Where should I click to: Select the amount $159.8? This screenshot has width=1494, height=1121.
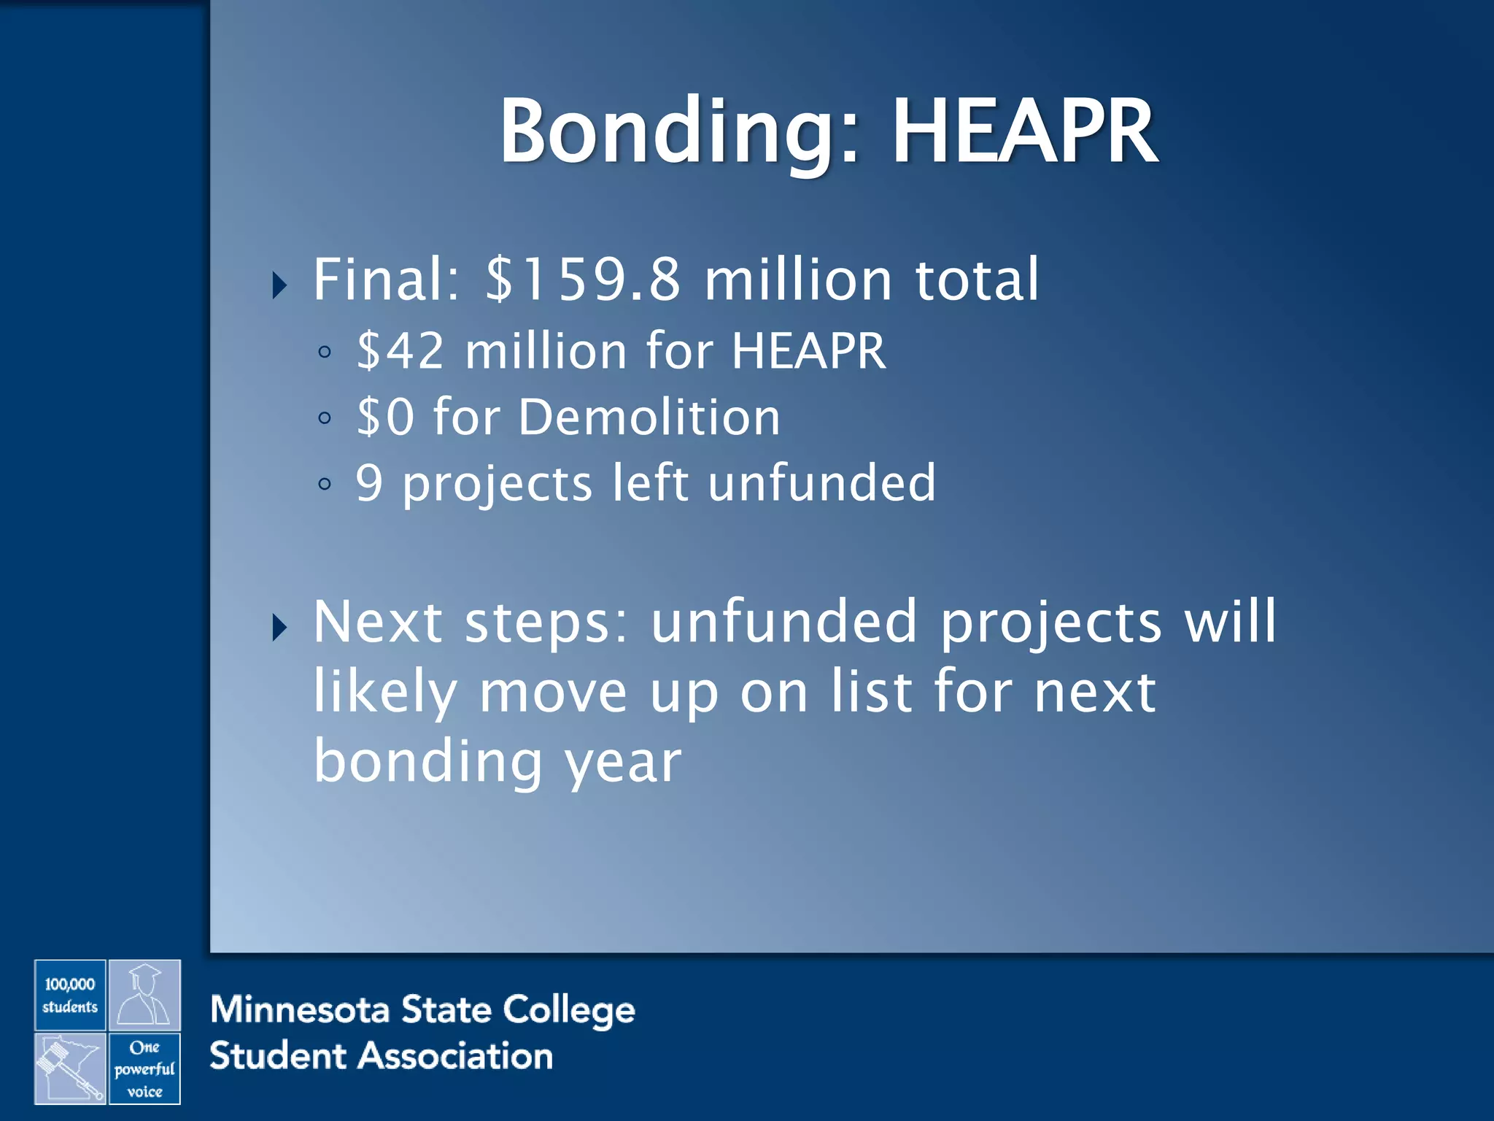pos(584,280)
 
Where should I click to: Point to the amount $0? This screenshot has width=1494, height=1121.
pos(385,417)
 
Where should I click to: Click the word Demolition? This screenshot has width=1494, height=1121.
pos(649,417)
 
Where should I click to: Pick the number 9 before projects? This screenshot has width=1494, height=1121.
pos(369,483)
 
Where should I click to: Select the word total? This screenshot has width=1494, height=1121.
pos(977,280)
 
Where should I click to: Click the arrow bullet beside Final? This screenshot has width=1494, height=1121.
pos(279,285)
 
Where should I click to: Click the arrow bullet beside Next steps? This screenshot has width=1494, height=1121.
pos(279,627)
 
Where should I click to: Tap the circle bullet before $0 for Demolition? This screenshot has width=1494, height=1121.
pos(325,418)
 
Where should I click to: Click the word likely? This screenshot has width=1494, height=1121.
pos(385,692)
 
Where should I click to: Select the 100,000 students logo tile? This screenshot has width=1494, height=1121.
pos(70,995)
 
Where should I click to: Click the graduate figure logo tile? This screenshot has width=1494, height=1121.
pos(144,995)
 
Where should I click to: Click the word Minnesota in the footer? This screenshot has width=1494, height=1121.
pos(299,1010)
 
